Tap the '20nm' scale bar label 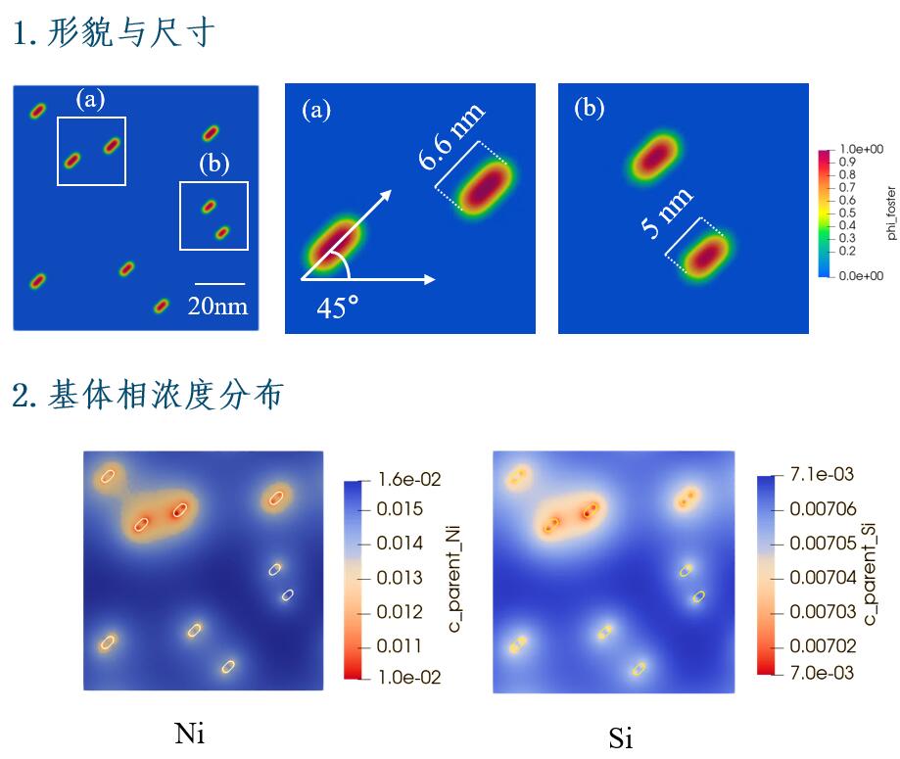pos(218,307)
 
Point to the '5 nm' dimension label pos(667,214)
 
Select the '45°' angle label pos(338,308)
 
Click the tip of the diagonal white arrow pos(391,191)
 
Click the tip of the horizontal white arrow pos(434,279)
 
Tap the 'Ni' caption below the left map pos(189,732)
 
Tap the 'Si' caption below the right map pos(620,737)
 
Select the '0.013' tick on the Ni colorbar pos(399,578)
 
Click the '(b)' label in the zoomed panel pos(589,109)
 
